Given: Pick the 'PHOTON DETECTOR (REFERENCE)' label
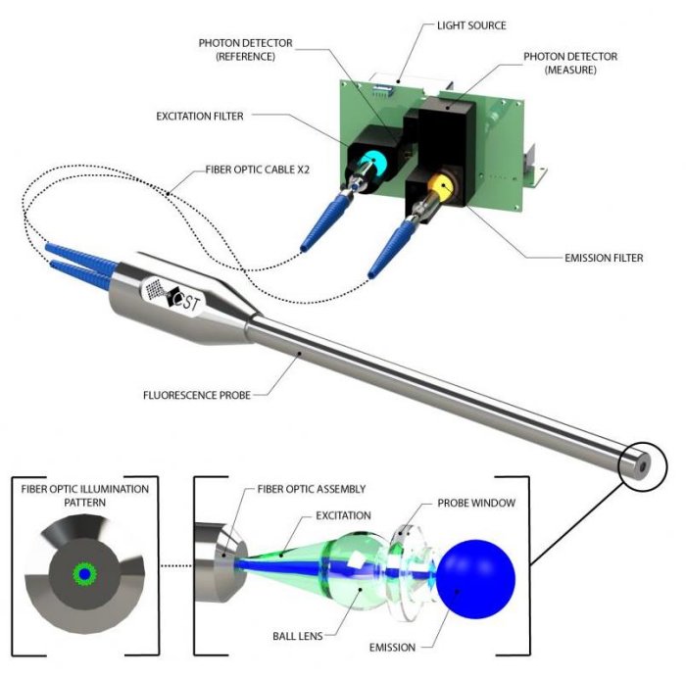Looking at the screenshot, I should (249, 50).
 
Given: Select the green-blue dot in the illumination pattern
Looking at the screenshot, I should (85, 573).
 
